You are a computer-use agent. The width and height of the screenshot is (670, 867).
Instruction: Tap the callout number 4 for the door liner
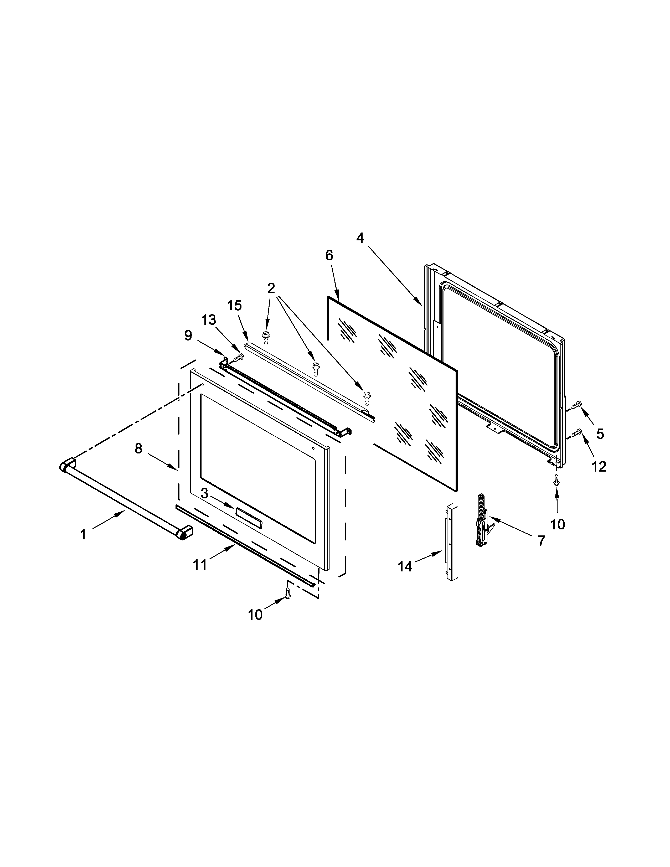click(x=360, y=238)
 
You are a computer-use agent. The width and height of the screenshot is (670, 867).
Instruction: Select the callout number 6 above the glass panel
click(x=329, y=255)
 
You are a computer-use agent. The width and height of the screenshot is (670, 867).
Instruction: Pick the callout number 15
click(x=235, y=306)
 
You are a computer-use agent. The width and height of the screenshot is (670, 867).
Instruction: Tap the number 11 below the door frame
click(x=200, y=565)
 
